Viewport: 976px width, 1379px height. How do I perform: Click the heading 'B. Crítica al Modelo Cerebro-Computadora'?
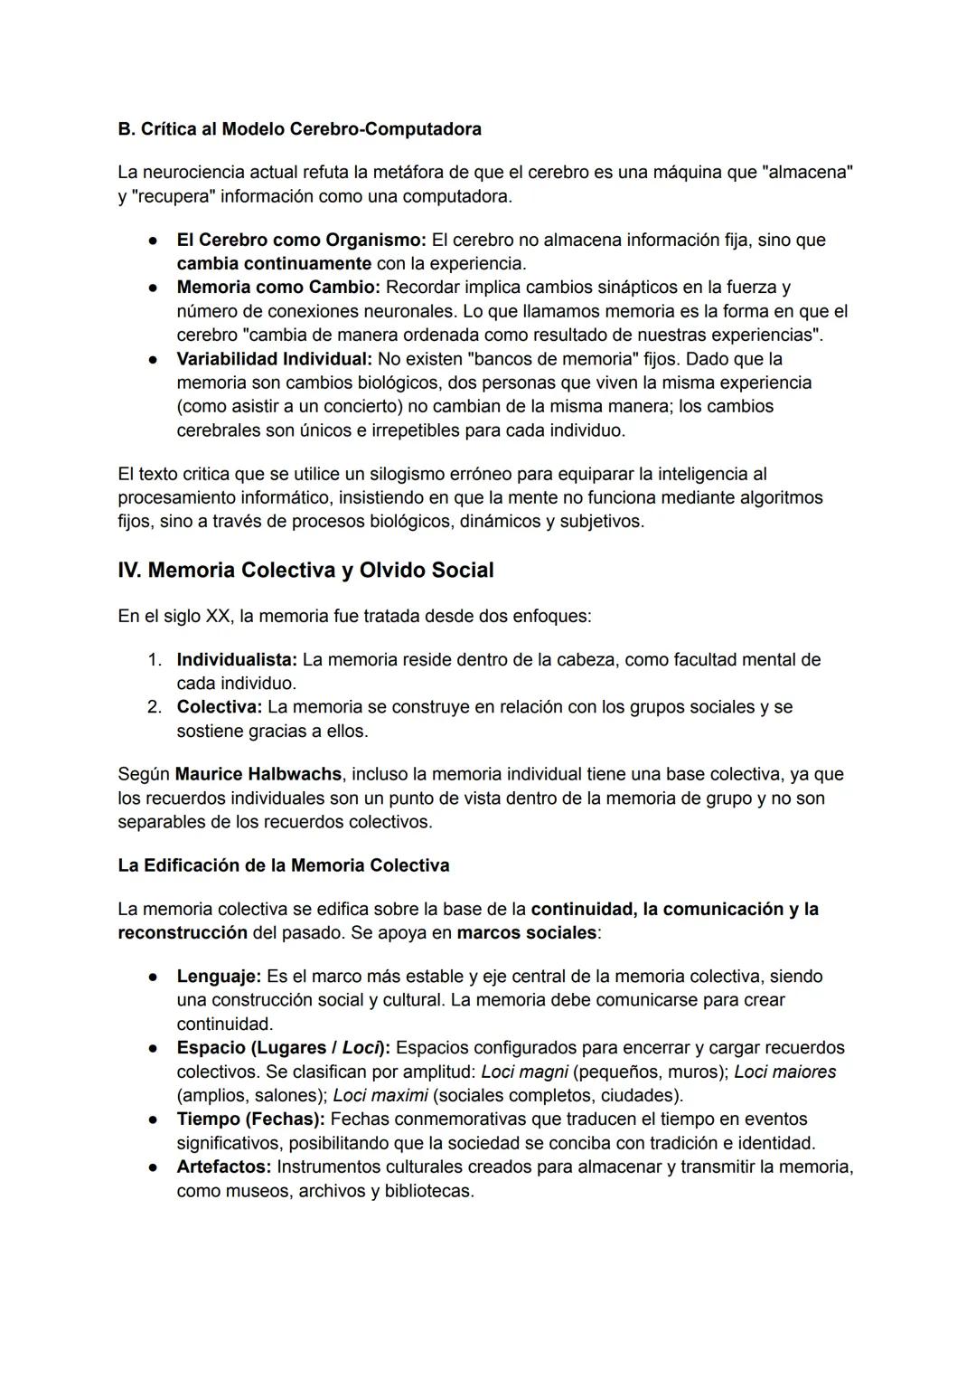[299, 129]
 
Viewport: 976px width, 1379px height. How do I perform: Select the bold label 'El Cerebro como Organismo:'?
[301, 241]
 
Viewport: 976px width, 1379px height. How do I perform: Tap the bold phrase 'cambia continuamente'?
[274, 264]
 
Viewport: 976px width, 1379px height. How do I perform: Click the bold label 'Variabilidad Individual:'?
[274, 359]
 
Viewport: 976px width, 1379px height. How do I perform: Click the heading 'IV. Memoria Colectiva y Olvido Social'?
[305, 571]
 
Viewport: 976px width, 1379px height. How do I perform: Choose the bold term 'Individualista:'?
[237, 660]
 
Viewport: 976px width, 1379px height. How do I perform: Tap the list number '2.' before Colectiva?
[155, 707]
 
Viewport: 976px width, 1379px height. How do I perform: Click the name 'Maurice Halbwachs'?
[258, 775]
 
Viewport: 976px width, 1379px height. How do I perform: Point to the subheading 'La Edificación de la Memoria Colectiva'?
[283, 865]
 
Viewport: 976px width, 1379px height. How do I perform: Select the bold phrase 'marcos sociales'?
[526, 932]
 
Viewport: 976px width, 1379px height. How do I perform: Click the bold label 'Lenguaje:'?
[219, 977]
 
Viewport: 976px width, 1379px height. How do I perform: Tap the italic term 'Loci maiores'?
[784, 1072]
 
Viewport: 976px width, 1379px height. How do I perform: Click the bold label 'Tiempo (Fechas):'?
[250, 1119]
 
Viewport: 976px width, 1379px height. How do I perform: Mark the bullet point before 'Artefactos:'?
[155, 1167]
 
